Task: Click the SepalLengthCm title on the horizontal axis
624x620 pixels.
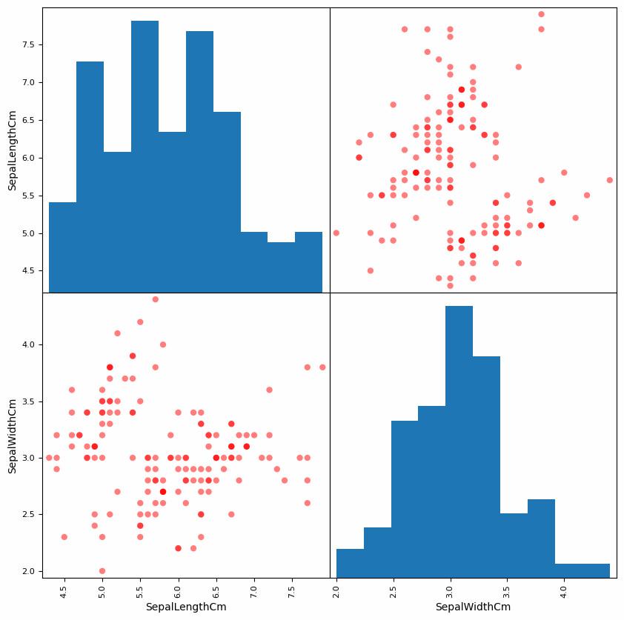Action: click(186, 607)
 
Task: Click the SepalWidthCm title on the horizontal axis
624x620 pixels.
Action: click(473, 607)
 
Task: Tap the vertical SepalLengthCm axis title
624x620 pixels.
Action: click(13, 150)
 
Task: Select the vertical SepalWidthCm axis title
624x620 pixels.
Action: click(13, 436)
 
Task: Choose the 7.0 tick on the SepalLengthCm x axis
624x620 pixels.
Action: click(254, 591)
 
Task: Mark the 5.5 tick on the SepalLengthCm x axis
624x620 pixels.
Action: click(140, 591)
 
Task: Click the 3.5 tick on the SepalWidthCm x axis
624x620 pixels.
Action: click(507, 591)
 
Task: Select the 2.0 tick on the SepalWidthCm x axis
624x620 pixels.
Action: click(336, 591)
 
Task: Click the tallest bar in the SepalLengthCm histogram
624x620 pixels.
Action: click(145, 156)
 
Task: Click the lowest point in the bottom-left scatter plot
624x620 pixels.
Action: click(102, 571)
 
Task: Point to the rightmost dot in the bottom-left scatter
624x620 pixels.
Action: click(322, 367)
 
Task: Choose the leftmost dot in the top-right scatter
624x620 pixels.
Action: click(336, 233)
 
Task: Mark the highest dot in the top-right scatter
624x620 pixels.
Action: click(541, 14)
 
